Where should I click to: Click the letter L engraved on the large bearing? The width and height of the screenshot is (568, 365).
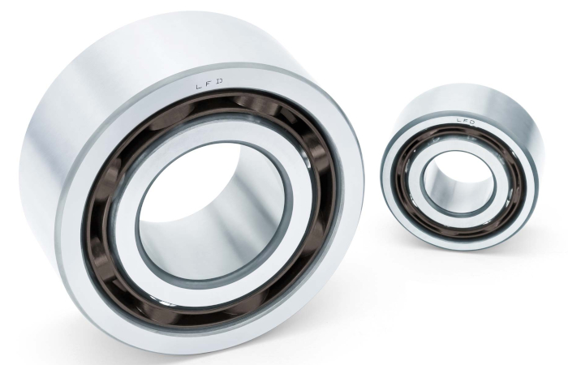[199, 87]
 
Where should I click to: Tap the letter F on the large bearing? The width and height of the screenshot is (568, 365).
[209, 84]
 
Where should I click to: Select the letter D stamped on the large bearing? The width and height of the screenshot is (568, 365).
[219, 82]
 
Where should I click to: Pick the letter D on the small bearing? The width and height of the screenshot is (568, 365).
[471, 122]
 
